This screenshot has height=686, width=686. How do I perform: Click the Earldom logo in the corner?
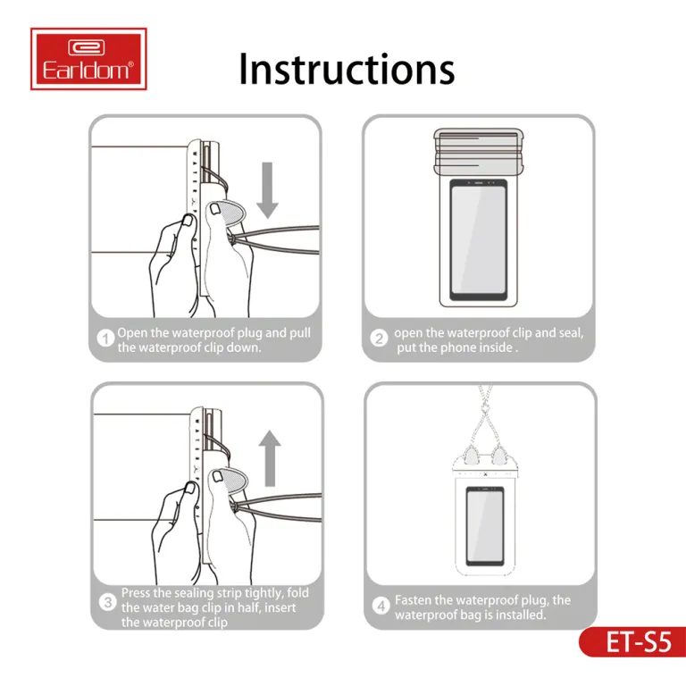[88, 59]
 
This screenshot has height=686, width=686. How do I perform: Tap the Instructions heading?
[347, 69]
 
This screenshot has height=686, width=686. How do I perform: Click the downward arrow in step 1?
[267, 190]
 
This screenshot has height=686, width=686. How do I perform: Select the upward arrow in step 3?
[270, 458]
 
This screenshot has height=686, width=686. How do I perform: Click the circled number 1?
[105, 339]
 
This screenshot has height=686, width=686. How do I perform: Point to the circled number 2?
[379, 339]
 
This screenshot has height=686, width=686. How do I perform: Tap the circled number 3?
[107, 602]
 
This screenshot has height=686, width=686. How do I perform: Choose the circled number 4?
[381, 606]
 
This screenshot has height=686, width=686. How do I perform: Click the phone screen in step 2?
[479, 239]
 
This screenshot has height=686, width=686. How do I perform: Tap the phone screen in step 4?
[484, 525]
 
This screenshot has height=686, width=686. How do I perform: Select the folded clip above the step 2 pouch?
[479, 152]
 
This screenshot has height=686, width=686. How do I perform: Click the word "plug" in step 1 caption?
[248, 333]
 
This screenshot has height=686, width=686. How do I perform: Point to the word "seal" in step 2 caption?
[570, 333]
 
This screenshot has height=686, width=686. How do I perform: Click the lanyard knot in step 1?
[232, 238]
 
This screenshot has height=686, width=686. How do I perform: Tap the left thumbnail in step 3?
[191, 487]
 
